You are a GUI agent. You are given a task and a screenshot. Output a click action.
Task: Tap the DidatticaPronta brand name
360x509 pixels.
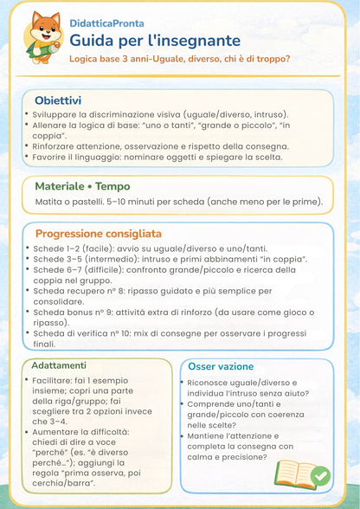(106, 23)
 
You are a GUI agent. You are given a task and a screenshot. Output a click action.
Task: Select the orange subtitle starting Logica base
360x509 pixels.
(179, 59)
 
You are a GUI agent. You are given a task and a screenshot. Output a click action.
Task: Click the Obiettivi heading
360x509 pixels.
(58, 100)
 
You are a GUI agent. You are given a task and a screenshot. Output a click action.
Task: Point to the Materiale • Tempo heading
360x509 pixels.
(82, 186)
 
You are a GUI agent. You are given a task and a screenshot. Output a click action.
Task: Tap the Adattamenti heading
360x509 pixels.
(59, 365)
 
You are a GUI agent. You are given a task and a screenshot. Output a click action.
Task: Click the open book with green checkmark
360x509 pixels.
(300, 474)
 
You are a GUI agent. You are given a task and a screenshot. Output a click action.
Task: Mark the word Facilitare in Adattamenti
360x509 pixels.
(56, 383)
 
